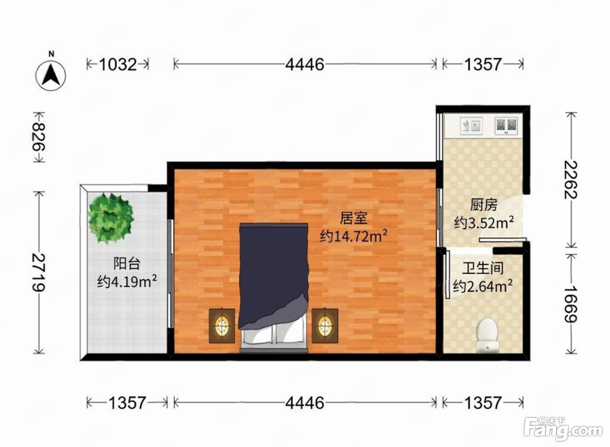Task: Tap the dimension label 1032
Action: click(x=118, y=65)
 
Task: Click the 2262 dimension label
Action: click(x=571, y=180)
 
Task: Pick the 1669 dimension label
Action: click(x=571, y=304)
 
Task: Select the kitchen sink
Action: click(x=471, y=126)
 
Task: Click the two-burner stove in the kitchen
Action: click(x=506, y=126)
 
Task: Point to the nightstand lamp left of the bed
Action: click(x=222, y=326)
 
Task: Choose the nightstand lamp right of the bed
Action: click(x=325, y=326)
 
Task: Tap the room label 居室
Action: click(x=353, y=218)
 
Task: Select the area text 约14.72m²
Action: click(x=353, y=236)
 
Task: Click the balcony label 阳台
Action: click(x=127, y=263)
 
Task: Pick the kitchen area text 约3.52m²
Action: click(x=484, y=223)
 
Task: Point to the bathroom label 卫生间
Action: click(x=483, y=269)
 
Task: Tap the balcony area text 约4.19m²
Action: click(x=127, y=281)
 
